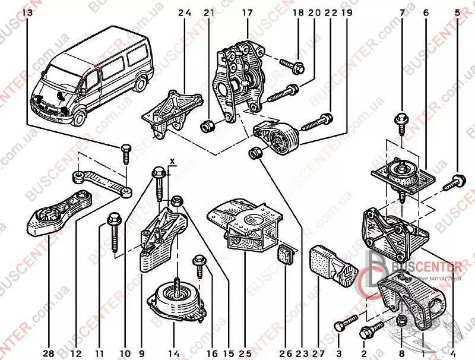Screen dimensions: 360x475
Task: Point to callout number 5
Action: [x=457, y=12]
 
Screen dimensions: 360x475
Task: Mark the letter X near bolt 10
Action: [x=172, y=161]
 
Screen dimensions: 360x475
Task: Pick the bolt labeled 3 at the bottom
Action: [x=343, y=325]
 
